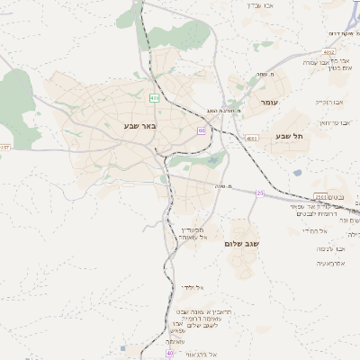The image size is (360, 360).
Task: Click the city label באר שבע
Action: (x=140, y=125)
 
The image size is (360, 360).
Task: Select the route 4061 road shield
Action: (x=250, y=138)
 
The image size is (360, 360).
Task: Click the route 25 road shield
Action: (x=260, y=193)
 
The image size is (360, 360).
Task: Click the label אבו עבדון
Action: (x=262, y=4)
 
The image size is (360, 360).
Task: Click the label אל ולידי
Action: (x=191, y=287)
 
